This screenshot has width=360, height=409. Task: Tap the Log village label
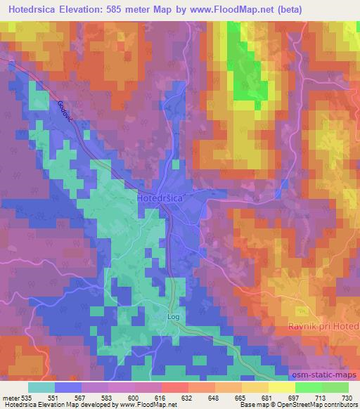[174, 317]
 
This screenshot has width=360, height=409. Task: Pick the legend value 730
[346, 398]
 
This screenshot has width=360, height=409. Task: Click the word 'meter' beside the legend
[11, 398]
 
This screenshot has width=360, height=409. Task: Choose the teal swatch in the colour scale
[41, 387]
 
